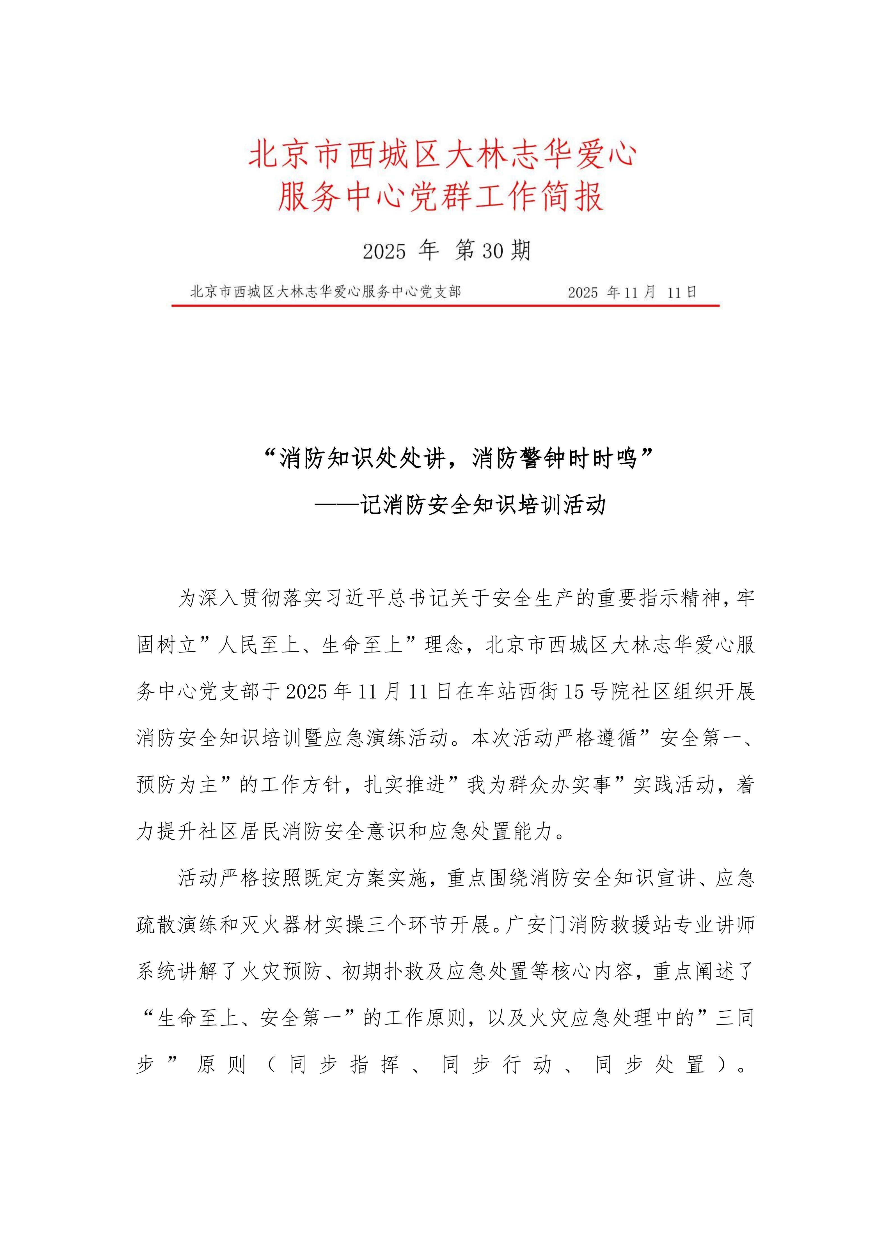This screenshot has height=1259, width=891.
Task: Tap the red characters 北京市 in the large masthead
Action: pyautogui.click(x=296, y=155)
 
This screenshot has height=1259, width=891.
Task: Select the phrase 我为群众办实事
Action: pyautogui.click(x=539, y=785)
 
